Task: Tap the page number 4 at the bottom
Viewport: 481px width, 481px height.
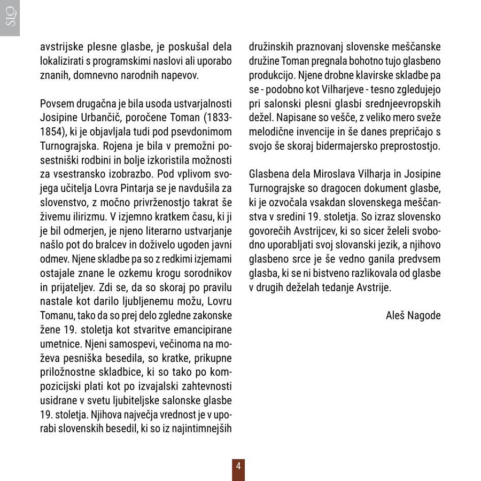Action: [238, 466]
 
